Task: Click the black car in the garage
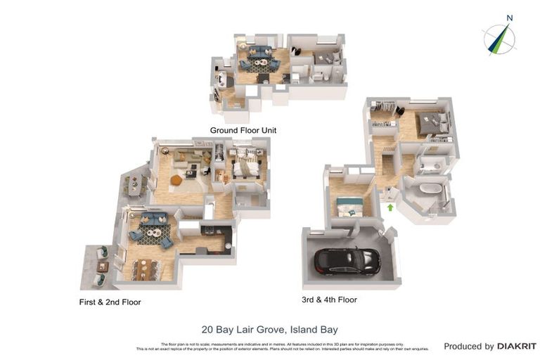pos(347,262)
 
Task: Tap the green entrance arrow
pos(391,207)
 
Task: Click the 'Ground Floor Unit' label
pos(243,130)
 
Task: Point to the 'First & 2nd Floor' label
pos(110,302)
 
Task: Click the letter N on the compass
pos(510,18)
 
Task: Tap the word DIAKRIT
pos(517,346)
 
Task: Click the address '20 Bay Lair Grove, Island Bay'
pos(269,329)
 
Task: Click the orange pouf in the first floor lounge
pos(176,180)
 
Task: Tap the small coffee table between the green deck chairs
pos(103,266)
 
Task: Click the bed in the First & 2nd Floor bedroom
pos(246,167)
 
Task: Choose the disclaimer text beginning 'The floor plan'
pos(271,345)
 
